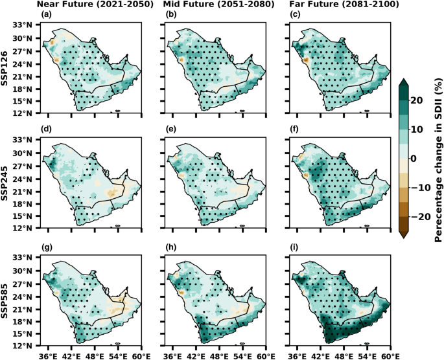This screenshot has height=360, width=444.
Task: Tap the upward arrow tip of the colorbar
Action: point(403,80)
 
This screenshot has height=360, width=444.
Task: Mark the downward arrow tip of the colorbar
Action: point(403,237)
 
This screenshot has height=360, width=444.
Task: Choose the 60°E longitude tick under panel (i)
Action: point(390,355)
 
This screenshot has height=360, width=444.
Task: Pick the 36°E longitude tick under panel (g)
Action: point(47,355)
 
